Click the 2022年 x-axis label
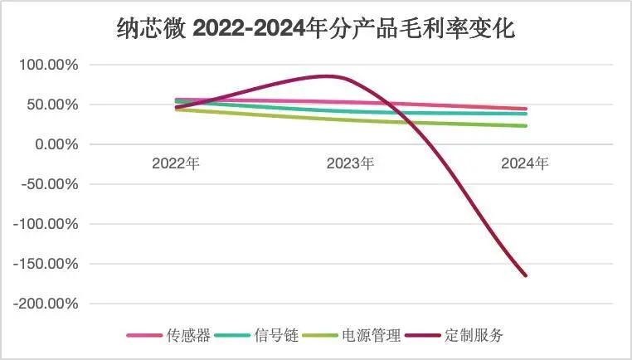tap(176, 163)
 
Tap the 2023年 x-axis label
tap(350, 163)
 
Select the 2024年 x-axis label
tap(525, 163)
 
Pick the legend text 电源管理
tap(371, 336)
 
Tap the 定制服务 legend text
tap(474, 336)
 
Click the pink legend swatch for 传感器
tap(143, 336)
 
